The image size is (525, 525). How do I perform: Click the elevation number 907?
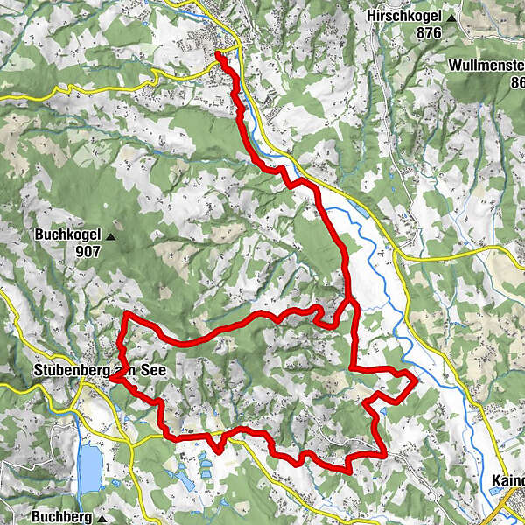point(87,251)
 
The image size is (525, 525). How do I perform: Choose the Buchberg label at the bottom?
point(64,517)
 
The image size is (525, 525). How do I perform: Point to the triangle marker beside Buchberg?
point(102,519)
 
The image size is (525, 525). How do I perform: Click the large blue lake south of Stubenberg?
point(89,466)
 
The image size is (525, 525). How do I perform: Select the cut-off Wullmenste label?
point(486,66)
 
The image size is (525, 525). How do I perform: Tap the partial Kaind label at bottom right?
point(507,482)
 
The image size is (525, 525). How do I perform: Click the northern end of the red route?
point(218,56)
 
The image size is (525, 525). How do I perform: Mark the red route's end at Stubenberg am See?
point(113,379)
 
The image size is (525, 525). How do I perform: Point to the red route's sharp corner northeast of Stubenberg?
point(128,313)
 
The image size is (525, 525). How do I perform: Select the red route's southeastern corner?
point(383,452)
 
